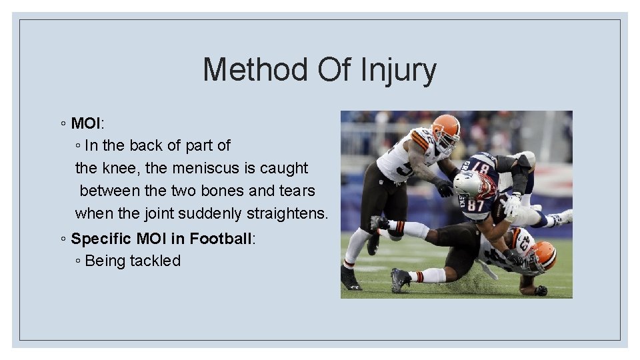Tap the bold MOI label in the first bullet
pyautogui.click(x=85, y=123)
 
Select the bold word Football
pyautogui.click(x=221, y=239)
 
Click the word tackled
pyautogui.click(x=155, y=261)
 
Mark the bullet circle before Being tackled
pyautogui.click(x=79, y=261)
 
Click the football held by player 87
pyautogui.click(x=499, y=208)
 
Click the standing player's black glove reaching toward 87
pyautogui.click(x=443, y=189)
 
